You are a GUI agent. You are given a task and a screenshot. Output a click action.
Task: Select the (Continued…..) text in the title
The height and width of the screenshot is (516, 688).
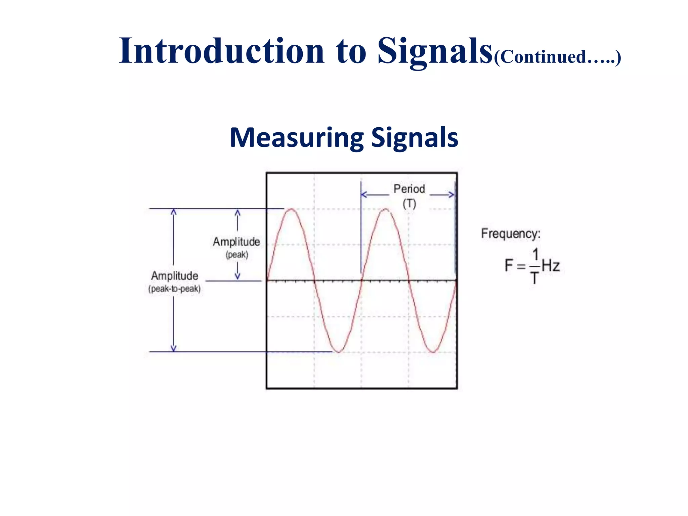(557, 57)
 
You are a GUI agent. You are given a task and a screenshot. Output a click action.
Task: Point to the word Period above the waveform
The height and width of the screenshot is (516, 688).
(409, 189)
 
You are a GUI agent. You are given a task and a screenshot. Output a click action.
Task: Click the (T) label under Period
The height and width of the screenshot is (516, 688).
(409, 204)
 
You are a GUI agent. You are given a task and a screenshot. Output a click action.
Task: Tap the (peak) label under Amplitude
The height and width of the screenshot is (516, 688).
(237, 255)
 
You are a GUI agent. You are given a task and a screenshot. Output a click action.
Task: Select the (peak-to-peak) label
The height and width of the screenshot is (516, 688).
(174, 289)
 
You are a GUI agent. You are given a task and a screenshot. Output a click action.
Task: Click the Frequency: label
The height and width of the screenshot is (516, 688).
(511, 233)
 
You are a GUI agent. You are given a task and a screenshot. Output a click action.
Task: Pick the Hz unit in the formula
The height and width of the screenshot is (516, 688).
(551, 266)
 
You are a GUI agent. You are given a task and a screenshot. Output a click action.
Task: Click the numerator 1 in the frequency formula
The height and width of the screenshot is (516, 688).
(535, 255)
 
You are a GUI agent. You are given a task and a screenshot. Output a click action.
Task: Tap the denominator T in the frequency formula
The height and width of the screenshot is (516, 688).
(534, 278)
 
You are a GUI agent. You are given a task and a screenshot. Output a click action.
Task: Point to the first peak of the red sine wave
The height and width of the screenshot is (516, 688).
(291, 209)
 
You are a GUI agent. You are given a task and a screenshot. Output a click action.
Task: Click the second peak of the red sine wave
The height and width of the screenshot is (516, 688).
(386, 209)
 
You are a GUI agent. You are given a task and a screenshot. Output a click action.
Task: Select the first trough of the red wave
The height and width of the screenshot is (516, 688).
(339, 352)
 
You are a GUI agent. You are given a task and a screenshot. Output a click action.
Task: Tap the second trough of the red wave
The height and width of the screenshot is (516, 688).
(433, 352)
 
